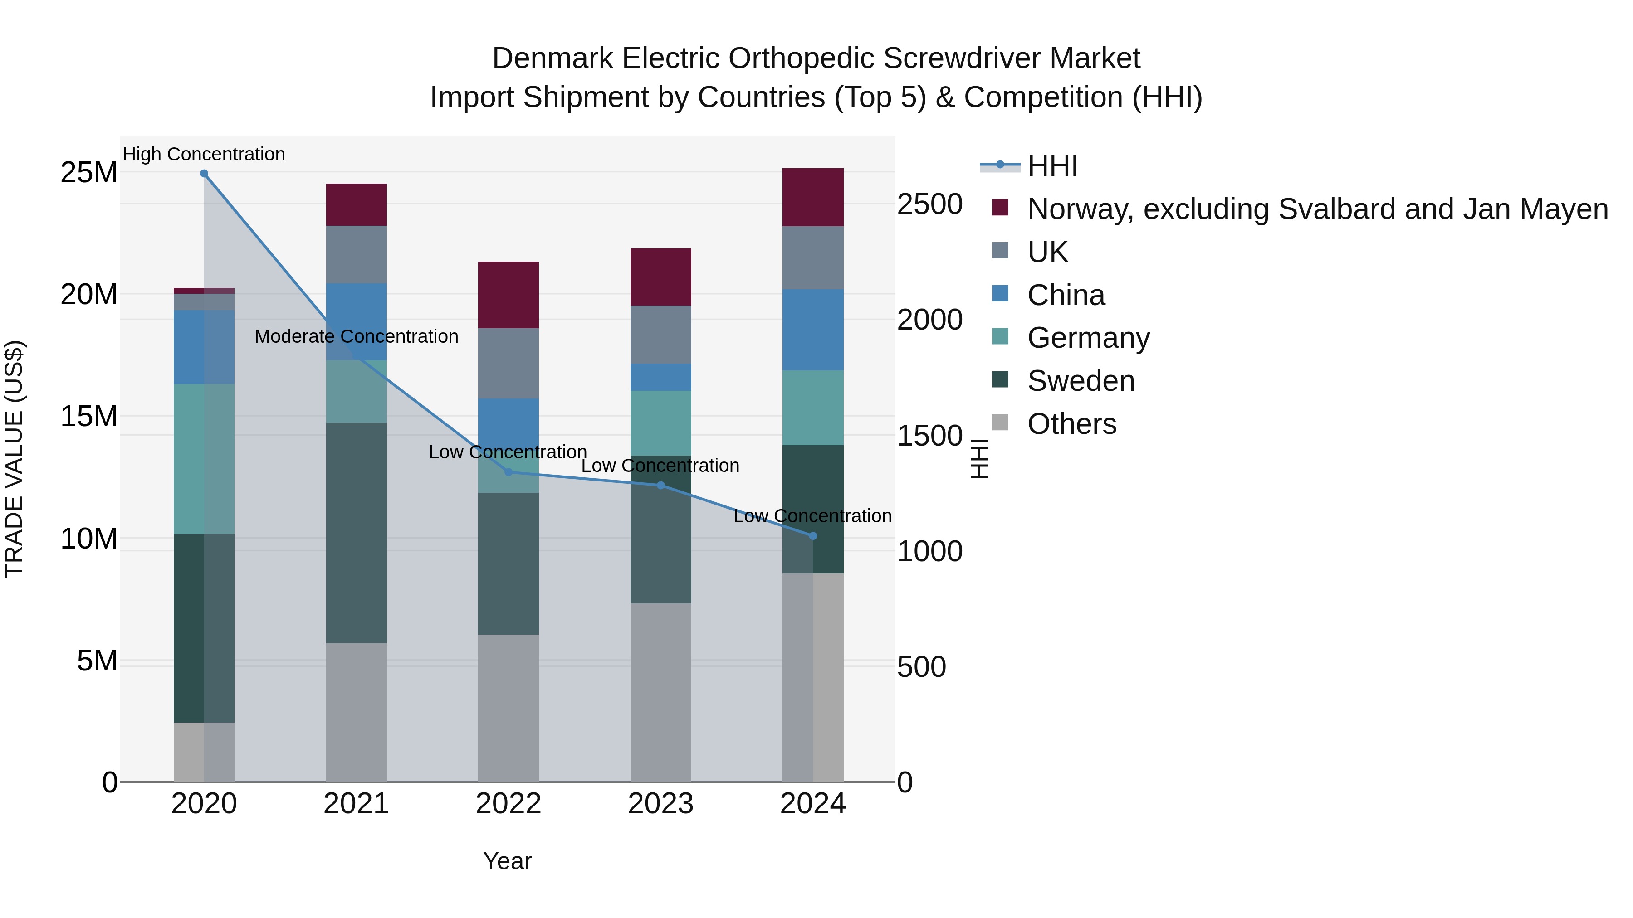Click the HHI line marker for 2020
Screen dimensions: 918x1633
204,174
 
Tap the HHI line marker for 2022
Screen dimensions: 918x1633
508,472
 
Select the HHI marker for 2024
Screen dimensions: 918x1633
813,536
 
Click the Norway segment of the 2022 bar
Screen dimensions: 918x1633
508,295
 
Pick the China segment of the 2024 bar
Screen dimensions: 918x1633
813,330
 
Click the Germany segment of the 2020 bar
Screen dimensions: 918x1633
204,459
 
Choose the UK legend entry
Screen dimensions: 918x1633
1047,252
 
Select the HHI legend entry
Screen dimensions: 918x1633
1052,166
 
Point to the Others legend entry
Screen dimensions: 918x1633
1071,424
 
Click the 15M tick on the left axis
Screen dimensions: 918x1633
89,416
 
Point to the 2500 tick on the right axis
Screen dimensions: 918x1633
929,204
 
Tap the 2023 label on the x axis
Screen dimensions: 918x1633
660,804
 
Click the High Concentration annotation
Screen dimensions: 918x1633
204,154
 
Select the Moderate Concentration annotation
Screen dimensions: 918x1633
356,336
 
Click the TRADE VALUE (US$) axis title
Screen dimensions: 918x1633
14,459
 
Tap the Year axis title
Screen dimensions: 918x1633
507,861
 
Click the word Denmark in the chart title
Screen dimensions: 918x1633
552,58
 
